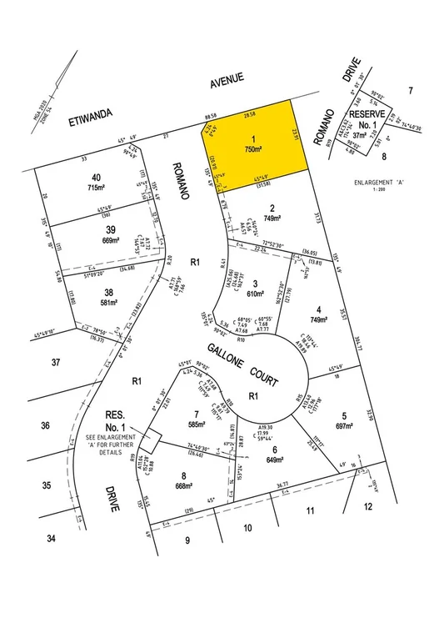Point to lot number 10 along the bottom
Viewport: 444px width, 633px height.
pos(247,527)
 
